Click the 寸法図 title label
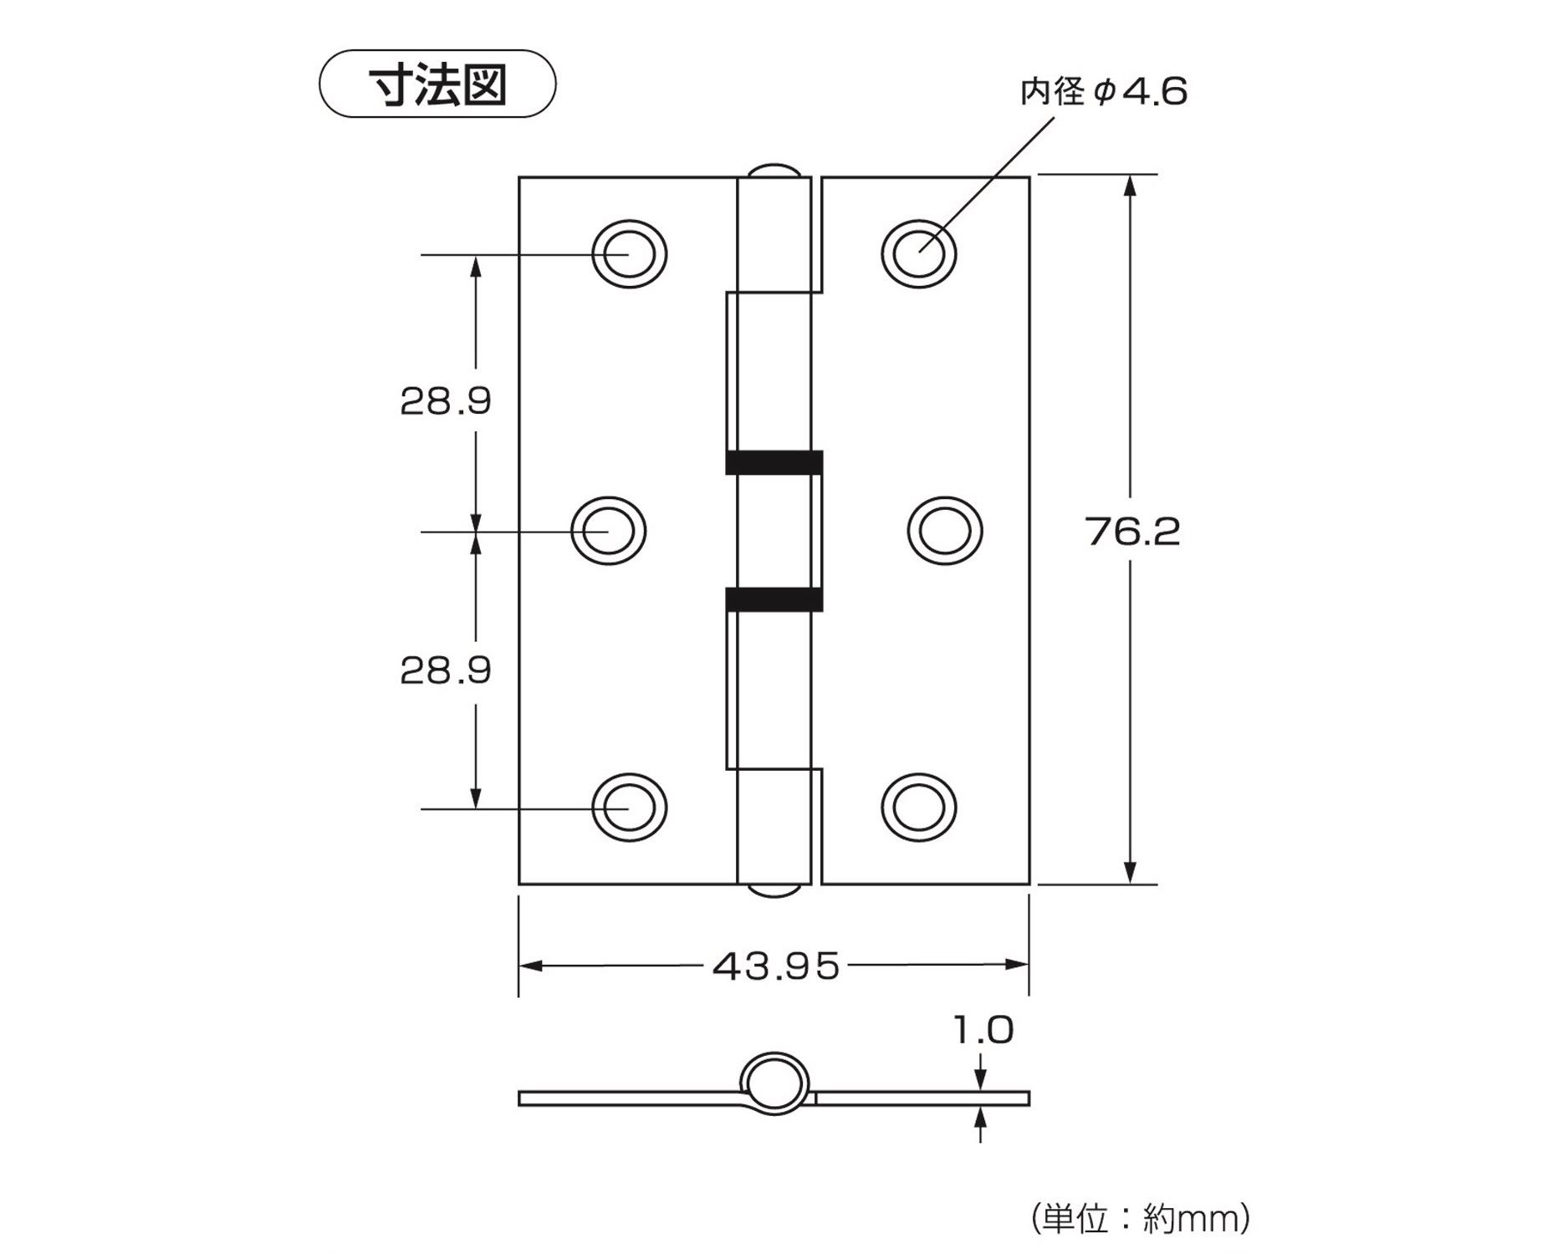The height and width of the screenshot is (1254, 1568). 437,84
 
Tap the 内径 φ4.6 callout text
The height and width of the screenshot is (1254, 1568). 1103,91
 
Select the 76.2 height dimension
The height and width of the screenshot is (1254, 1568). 1133,532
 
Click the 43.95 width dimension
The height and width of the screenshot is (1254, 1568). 776,966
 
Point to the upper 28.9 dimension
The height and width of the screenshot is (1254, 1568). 446,401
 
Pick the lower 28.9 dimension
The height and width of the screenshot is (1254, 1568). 446,670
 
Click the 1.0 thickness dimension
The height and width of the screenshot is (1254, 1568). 983,1030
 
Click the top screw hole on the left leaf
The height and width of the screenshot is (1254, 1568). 629,253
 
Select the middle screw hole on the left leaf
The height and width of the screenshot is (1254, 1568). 608,531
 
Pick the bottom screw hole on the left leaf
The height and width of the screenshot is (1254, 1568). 629,808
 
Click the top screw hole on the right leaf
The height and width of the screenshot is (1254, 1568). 919,253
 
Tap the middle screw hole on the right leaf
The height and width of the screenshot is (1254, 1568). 945,531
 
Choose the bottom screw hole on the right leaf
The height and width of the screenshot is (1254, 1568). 919,808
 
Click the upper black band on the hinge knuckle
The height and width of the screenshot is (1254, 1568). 774,462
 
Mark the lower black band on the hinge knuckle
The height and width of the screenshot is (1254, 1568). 774,599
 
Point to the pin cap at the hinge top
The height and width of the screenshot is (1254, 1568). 774,170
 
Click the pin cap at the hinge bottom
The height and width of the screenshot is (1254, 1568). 774,891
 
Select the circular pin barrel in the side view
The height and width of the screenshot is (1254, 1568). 775,1083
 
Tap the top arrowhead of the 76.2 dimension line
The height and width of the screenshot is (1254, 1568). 1131,186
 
